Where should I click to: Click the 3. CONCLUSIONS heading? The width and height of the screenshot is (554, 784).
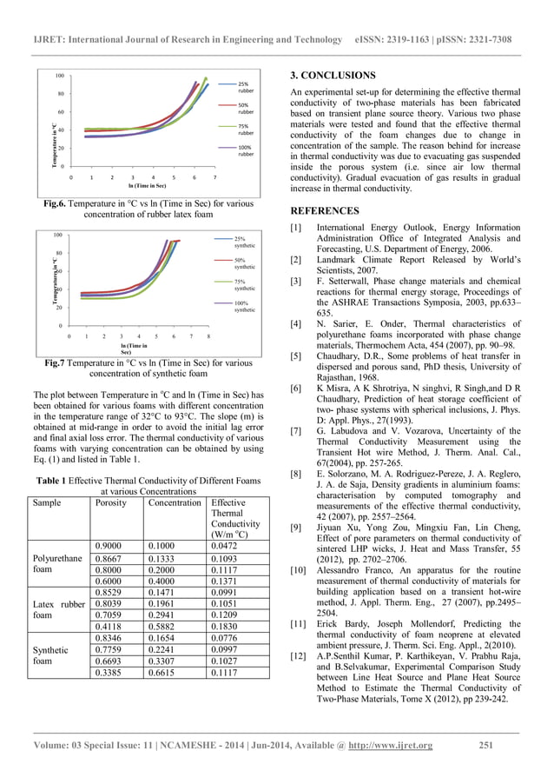(x=333, y=76)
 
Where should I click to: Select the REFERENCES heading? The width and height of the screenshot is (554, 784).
(x=324, y=210)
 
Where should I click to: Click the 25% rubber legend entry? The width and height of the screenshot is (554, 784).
(x=245, y=88)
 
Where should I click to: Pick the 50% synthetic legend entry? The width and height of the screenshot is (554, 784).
(x=244, y=262)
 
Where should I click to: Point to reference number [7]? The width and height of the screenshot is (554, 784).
(x=295, y=430)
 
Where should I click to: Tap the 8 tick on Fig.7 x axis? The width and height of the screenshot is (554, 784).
(x=208, y=335)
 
